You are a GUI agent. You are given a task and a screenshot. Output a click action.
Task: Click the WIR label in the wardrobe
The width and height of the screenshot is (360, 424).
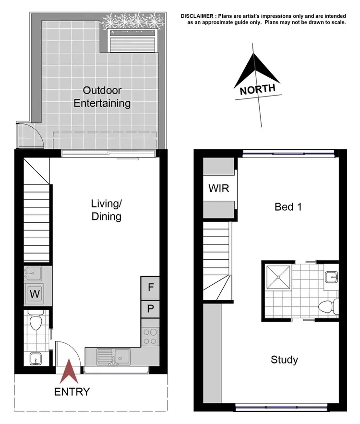point(218,188)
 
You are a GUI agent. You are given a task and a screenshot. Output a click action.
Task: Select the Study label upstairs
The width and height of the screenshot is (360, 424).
point(284,360)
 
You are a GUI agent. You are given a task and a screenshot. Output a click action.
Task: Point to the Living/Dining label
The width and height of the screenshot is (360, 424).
point(106,210)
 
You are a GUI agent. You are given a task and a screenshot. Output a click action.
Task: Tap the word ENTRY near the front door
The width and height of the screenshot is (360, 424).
point(72,392)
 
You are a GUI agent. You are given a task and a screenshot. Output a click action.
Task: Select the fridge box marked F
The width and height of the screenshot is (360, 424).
point(150,288)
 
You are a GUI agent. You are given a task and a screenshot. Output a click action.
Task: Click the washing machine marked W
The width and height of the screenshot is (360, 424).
point(35,293)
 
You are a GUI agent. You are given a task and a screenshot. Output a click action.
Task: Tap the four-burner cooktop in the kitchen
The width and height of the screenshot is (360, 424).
point(151,336)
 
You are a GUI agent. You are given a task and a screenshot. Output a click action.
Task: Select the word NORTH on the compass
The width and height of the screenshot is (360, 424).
point(258,89)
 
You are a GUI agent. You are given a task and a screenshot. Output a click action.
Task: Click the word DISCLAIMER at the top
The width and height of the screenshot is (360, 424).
point(198,16)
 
